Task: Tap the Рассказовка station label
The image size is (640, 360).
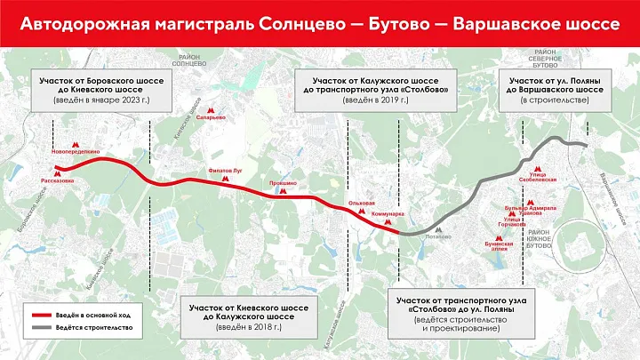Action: click(x=57, y=180)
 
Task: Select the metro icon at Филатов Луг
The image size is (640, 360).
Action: click(x=225, y=179)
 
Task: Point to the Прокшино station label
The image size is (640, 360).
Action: click(x=284, y=182)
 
